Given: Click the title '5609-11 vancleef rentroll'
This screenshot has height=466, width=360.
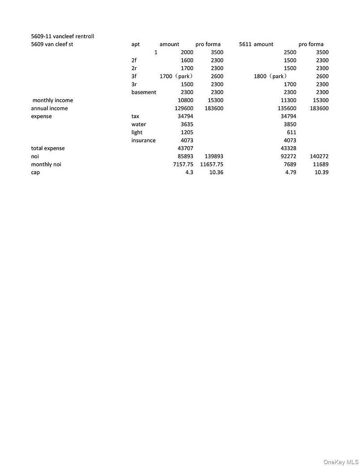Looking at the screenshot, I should click(x=62, y=36).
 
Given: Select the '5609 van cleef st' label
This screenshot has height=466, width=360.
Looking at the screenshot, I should click(x=52, y=44).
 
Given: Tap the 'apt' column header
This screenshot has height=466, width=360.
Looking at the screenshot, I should click(x=135, y=44).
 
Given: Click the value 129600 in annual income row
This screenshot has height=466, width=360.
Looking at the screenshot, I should click(x=184, y=108).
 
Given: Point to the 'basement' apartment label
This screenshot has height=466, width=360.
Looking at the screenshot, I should click(x=144, y=92).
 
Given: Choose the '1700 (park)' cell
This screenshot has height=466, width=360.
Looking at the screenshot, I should click(x=176, y=76).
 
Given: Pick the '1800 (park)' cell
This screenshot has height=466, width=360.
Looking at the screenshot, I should click(x=270, y=76).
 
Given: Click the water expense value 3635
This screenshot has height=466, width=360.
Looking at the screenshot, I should click(x=185, y=125).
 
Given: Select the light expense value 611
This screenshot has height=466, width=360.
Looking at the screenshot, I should click(x=291, y=133).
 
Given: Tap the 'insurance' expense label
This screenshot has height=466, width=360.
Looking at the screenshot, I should click(x=143, y=141).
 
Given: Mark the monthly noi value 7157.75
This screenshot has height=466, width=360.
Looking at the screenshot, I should click(x=183, y=164).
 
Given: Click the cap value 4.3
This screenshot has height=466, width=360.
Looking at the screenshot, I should click(x=189, y=173).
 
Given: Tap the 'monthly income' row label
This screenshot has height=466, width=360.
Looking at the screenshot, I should click(x=52, y=100).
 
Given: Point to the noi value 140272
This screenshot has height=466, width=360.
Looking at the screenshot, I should click(x=319, y=156).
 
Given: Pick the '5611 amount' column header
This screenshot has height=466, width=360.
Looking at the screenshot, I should click(x=256, y=44).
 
